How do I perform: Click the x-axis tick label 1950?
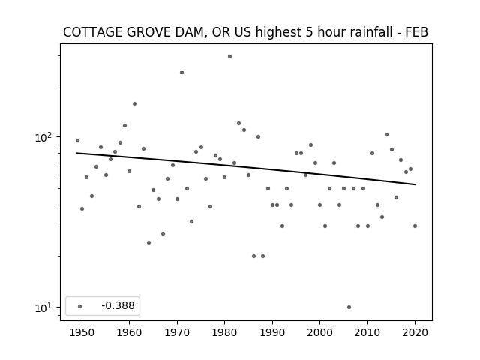[82, 332]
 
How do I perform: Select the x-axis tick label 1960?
[129, 332]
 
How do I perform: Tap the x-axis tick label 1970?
[177, 332]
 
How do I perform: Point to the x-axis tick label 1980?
[224, 332]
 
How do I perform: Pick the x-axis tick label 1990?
[272, 332]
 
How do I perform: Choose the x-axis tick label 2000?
[319, 332]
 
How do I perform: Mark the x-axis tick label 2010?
[367, 332]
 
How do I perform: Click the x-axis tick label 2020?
[415, 332]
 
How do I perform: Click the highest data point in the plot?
[229, 57]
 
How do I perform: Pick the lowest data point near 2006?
[349, 307]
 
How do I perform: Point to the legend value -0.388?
[118, 305]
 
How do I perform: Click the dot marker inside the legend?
[80, 306]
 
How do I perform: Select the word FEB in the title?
[417, 32]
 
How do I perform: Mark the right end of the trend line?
[415, 184]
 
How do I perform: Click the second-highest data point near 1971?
[181, 73]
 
